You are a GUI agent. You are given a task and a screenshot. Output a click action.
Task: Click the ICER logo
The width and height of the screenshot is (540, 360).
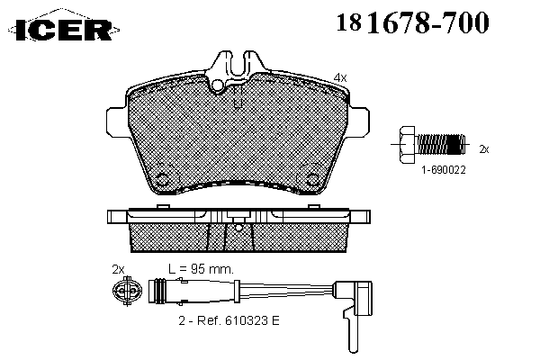click(64, 29)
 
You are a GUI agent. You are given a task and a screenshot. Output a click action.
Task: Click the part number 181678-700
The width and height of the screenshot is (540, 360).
click(412, 22)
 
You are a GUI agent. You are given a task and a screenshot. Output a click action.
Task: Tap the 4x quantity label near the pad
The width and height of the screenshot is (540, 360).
click(340, 77)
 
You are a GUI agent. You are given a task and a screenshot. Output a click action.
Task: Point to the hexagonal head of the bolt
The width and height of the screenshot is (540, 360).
click(408, 144)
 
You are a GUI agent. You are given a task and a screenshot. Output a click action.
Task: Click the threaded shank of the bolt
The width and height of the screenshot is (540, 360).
click(441, 144)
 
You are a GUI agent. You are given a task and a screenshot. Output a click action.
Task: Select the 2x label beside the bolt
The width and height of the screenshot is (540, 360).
click(484, 149)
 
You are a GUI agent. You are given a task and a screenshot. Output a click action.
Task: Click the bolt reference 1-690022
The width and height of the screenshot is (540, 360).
click(444, 169)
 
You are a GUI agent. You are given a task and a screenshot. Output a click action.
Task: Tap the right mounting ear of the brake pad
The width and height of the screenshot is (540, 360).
click(359, 122)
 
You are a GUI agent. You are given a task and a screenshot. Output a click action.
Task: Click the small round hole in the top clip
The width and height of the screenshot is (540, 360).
click(218, 85)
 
